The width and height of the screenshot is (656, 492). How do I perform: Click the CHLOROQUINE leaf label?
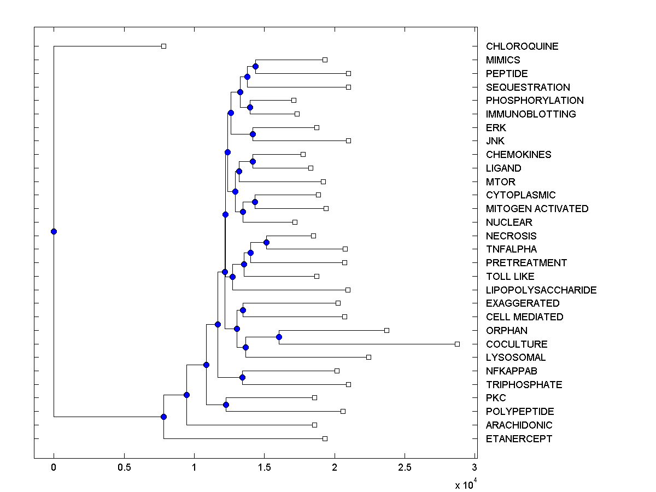tap(522, 46)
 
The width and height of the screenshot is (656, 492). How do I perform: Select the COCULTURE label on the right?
tap(516, 344)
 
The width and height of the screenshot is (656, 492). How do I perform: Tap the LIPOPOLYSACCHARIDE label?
tap(541, 290)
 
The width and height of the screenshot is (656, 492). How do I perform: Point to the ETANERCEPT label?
tap(519, 438)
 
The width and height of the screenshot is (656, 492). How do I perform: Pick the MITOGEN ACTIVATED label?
tap(537, 208)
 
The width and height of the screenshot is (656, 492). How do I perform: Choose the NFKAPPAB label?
tap(511, 371)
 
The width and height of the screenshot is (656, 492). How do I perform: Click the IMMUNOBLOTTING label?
tap(530, 114)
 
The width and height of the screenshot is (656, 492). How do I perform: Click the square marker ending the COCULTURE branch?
tap(457, 344)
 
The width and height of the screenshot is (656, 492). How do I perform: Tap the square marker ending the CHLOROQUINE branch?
tap(163, 46)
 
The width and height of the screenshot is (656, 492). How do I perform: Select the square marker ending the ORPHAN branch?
tap(386, 330)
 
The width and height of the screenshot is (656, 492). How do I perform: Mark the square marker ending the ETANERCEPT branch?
tap(325, 438)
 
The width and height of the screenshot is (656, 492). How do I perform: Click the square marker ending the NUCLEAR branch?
tap(295, 222)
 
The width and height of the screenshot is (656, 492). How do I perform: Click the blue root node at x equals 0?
tap(54, 231)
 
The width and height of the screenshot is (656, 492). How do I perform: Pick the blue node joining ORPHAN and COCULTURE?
tap(279, 337)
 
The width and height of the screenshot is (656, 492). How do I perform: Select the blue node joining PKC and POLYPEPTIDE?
tap(226, 405)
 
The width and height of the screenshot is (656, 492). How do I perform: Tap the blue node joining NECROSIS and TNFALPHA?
tap(266, 242)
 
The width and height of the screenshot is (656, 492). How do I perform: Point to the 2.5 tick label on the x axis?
tap(405, 467)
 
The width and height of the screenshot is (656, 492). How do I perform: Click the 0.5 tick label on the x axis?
tap(124, 467)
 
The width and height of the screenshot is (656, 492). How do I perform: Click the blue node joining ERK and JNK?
tap(253, 134)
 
